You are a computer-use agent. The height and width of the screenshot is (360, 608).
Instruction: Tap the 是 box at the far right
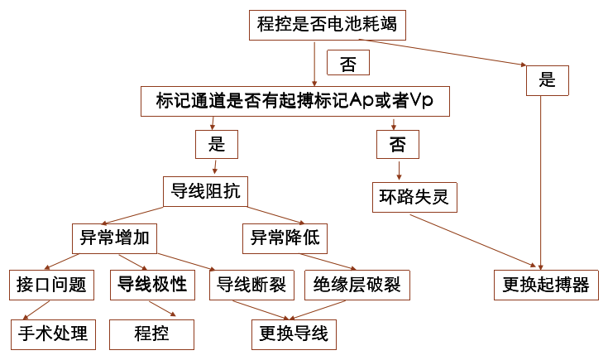tap(547, 80)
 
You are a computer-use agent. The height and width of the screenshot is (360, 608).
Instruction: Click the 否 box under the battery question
tap(348, 63)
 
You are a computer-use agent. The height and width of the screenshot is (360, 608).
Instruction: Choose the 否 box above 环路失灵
tap(398, 146)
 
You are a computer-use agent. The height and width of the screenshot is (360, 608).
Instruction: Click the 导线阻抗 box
tap(205, 192)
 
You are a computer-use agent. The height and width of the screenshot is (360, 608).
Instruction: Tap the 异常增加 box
tap(114, 238)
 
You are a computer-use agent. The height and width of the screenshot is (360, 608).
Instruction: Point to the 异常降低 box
tap(285, 238)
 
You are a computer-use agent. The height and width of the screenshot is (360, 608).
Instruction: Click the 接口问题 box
tap(51, 286)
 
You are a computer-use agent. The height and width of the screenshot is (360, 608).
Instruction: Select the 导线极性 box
tap(152, 286)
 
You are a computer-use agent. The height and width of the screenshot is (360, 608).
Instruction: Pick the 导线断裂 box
tap(251, 286)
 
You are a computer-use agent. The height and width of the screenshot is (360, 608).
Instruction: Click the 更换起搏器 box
tap(545, 286)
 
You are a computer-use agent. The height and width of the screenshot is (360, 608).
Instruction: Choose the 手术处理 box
tap(52, 334)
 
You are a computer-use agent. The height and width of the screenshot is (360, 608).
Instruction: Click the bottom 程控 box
tap(152, 334)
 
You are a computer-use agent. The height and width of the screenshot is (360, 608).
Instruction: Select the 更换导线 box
tap(294, 334)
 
